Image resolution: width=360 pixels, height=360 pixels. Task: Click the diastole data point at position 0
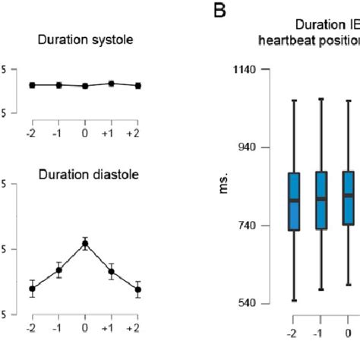click(x=85, y=244)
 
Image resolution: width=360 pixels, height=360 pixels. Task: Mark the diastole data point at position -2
click(x=32, y=289)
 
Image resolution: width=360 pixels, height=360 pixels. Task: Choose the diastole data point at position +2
click(x=137, y=289)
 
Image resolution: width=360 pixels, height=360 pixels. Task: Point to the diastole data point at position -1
click(x=58, y=270)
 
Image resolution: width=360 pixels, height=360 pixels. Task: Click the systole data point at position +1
click(x=111, y=84)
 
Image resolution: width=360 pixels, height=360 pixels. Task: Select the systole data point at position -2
click(x=32, y=85)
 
